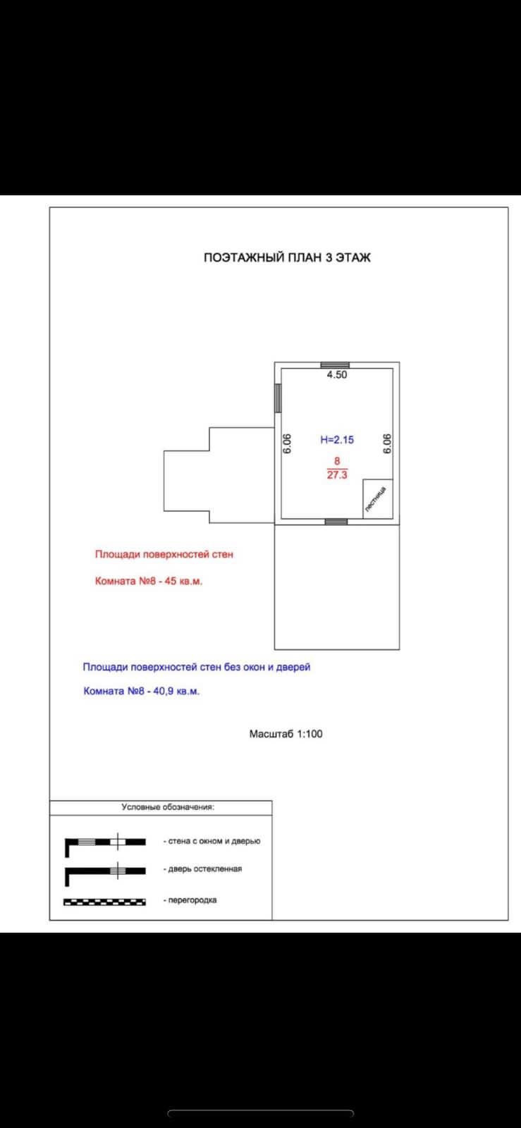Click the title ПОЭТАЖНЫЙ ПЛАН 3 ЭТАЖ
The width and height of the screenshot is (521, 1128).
click(287, 257)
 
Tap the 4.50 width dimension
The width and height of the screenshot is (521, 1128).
click(336, 375)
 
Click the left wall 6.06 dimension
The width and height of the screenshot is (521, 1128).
click(288, 443)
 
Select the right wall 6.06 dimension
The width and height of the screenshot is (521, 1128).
click(386, 443)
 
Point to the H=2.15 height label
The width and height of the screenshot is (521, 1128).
click(337, 440)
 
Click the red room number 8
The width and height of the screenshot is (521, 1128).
click(337, 461)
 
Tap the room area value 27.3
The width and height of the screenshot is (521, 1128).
click(337, 475)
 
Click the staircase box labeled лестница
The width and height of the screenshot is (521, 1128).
click(377, 498)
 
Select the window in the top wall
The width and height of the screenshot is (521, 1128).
click(335, 365)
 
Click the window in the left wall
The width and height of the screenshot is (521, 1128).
click(278, 398)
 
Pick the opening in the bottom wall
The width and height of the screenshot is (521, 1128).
click(336, 522)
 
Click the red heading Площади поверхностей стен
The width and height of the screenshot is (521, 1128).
click(164, 555)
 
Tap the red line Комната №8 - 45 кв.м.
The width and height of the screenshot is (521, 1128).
click(149, 582)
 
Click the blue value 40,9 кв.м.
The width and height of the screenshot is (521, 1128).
click(176, 692)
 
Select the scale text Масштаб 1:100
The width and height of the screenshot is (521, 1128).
click(286, 734)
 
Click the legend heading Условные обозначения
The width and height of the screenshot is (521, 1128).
click(168, 807)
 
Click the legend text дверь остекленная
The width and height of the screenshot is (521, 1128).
click(204, 869)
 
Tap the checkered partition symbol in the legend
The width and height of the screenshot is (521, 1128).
click(104, 901)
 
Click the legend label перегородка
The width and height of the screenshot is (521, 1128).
click(192, 900)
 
